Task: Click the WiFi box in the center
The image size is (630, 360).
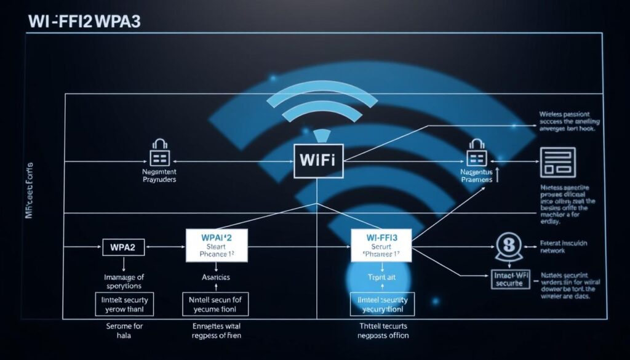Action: [318, 161]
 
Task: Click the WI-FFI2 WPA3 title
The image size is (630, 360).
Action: [84, 20]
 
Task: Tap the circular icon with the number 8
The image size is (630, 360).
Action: [508, 245]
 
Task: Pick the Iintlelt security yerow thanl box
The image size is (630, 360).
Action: [125, 305]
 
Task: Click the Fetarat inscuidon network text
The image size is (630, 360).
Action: [562, 247]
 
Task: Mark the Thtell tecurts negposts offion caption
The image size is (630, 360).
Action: [383, 331]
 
